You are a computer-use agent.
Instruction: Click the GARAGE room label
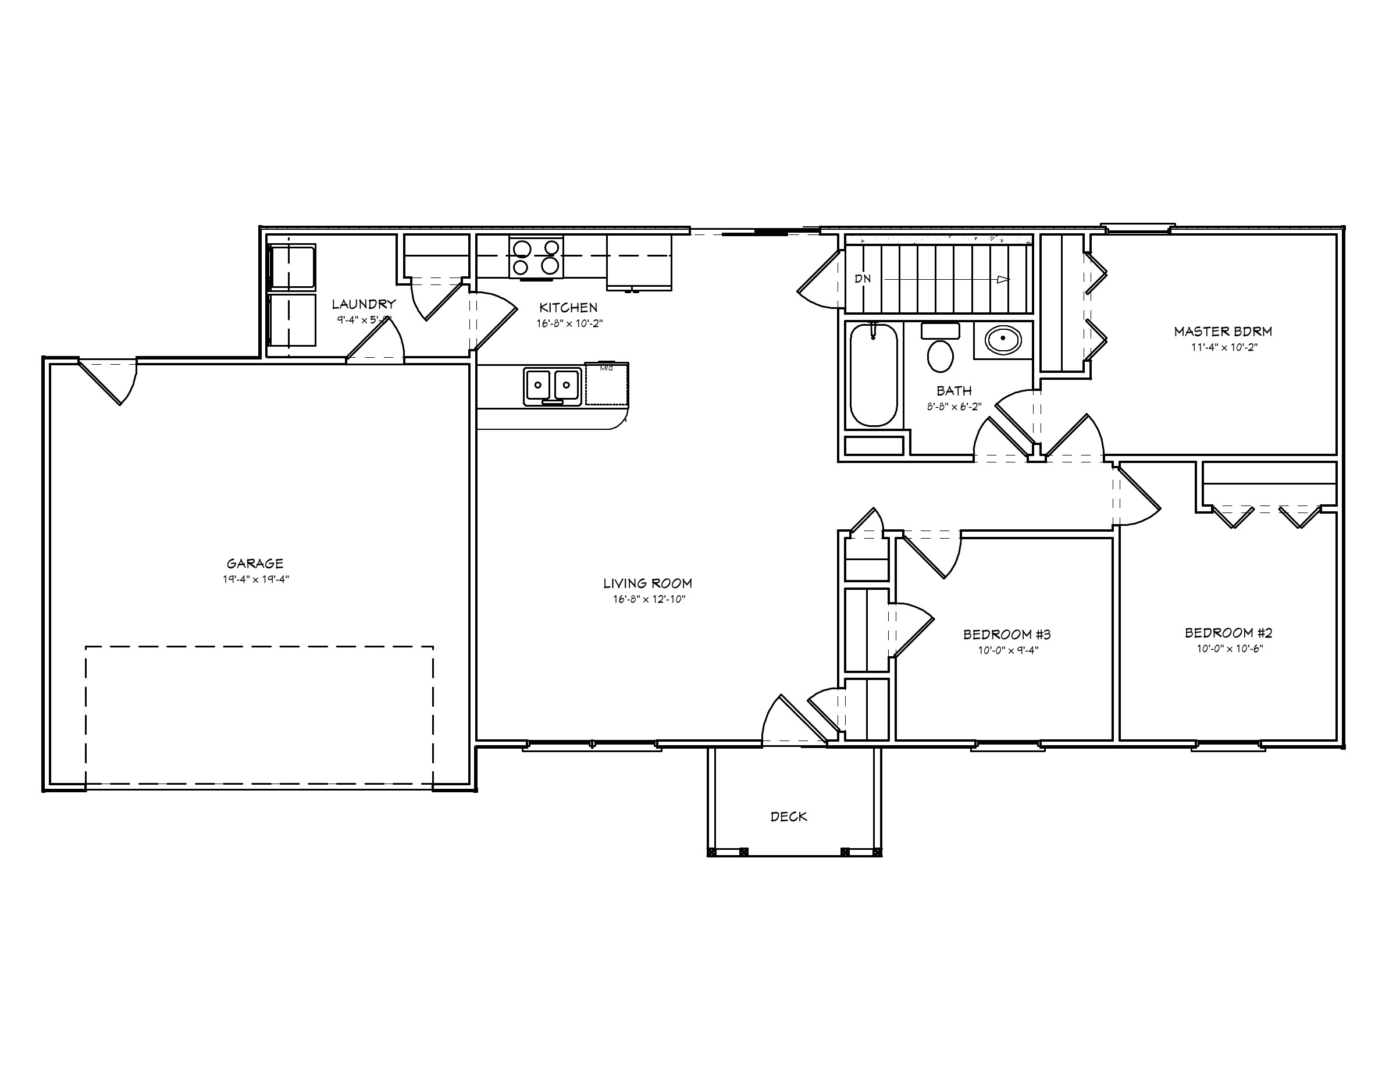[x=255, y=563]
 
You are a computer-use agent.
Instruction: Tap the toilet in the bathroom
[x=941, y=355]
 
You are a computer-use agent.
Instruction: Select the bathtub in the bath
[x=873, y=375]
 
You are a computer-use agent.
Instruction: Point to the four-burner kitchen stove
[x=536, y=257]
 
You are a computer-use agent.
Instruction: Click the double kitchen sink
[x=552, y=385]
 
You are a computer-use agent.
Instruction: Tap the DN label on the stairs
[x=863, y=279]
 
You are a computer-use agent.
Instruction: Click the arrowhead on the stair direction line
[x=1003, y=279]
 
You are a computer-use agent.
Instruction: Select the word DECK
[x=789, y=817]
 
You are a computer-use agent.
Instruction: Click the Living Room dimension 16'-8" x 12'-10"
[x=649, y=599]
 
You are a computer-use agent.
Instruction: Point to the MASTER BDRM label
[x=1223, y=331]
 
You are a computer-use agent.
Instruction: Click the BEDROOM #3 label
[x=1007, y=634]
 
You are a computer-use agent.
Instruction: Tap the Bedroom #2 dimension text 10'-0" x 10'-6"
[x=1230, y=649]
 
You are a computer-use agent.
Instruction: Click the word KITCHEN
[x=568, y=308]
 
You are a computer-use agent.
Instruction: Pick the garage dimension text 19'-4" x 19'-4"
[x=256, y=579]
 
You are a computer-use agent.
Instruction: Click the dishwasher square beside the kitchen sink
[x=606, y=385]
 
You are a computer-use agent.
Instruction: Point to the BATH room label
[x=953, y=390]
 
